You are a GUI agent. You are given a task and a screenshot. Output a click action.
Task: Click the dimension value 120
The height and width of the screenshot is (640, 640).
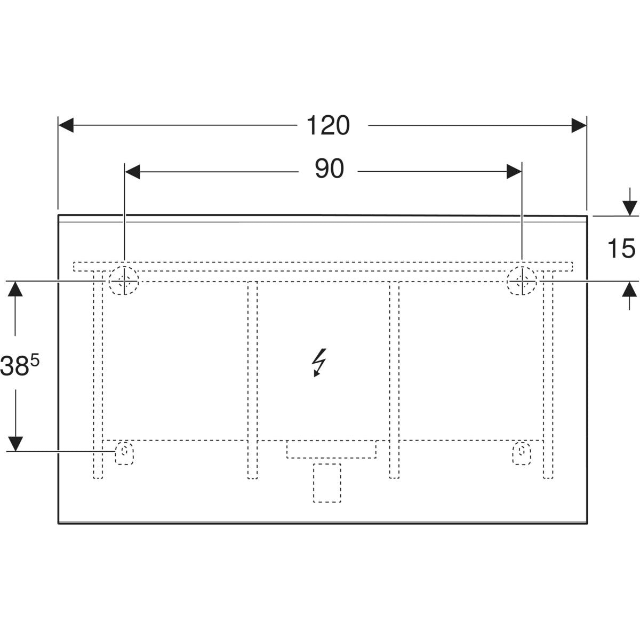pos(328,126)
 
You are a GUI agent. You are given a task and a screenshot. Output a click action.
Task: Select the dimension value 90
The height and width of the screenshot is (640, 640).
pos(329,170)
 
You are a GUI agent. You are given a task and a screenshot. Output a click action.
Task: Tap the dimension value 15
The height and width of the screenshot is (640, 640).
pos(621,249)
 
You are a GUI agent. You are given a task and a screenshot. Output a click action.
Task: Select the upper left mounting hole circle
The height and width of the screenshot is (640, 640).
pos(124,280)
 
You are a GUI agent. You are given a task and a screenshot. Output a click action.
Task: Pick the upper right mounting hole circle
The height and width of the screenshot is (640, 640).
pos(522,280)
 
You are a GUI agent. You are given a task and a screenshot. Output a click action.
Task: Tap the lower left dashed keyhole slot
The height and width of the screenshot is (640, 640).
pos(124,453)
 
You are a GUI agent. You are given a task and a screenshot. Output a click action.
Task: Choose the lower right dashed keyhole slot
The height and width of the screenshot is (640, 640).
pos(522,453)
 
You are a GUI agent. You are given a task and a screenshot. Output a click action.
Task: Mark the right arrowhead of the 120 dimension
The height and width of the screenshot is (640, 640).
pos(579,126)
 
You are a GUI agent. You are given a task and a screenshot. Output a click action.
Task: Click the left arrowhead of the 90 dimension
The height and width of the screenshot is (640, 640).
pos(132,171)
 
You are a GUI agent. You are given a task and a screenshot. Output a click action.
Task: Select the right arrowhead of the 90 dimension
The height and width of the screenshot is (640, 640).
pos(514,171)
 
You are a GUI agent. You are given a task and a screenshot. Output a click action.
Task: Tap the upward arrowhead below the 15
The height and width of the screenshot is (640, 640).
pos(630,290)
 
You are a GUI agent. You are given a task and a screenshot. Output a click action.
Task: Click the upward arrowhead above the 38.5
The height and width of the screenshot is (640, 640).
pos(16,289)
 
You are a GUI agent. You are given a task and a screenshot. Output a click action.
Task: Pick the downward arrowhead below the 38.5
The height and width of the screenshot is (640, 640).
pos(16,443)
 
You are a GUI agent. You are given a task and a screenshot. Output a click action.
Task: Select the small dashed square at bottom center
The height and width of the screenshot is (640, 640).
pos(327,483)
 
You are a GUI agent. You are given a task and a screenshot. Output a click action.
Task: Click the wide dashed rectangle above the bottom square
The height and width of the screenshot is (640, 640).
pos(331,449)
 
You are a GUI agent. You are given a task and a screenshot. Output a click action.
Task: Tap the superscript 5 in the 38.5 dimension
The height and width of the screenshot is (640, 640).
pos(36,361)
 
